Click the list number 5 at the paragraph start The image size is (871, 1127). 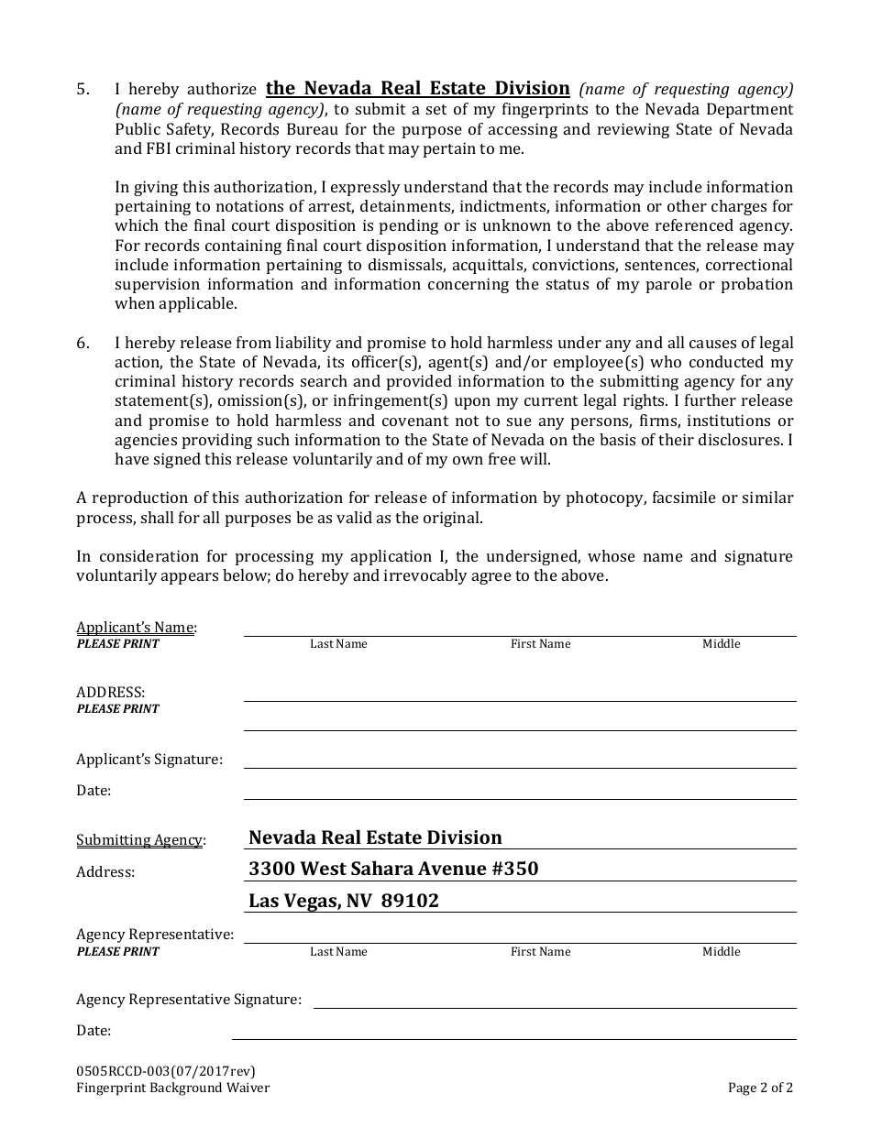click(x=83, y=90)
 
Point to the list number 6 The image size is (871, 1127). click(x=83, y=343)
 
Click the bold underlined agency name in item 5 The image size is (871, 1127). click(x=417, y=88)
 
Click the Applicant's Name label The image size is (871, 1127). click(x=136, y=628)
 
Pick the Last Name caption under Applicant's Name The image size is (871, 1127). click(x=338, y=644)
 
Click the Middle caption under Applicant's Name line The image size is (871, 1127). click(x=721, y=644)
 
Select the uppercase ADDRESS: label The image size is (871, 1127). click(x=110, y=692)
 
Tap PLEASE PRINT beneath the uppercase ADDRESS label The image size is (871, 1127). click(x=117, y=708)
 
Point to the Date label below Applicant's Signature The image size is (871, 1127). click(x=94, y=790)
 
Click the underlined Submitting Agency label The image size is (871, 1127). click(x=140, y=840)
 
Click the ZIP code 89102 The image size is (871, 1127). click(x=413, y=901)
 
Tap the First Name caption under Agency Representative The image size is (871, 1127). click(x=540, y=952)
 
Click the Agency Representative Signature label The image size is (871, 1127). click(x=188, y=999)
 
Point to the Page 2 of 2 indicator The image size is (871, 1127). click(x=760, y=1089)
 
